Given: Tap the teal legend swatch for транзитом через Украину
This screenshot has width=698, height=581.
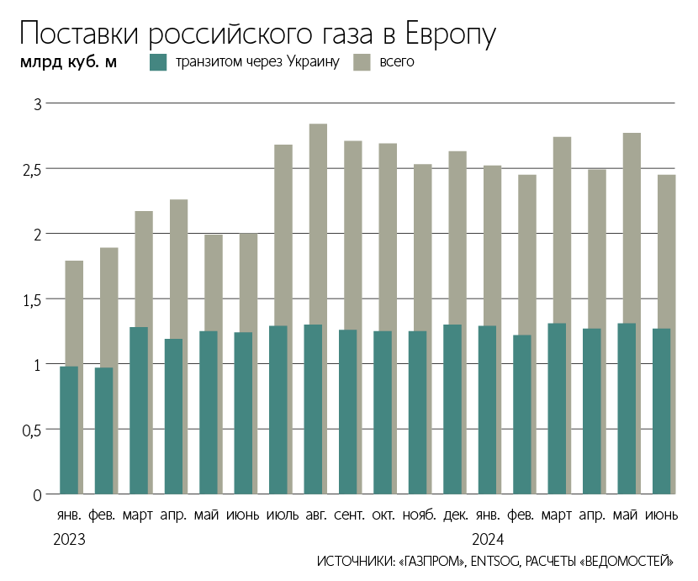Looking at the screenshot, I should click(x=159, y=62).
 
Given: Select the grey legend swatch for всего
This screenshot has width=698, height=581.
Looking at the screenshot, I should click(x=362, y=62).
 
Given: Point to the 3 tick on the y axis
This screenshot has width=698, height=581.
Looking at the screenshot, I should click(x=37, y=104).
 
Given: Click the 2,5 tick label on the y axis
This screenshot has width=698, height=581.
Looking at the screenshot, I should click(x=32, y=170).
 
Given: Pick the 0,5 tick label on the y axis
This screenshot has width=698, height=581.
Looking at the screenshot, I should click(x=32, y=430).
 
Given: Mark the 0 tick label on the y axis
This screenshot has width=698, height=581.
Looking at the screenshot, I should click(x=37, y=495).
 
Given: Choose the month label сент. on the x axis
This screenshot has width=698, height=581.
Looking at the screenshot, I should click(x=349, y=515).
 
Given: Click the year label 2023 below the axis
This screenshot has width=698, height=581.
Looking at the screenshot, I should click(x=69, y=538).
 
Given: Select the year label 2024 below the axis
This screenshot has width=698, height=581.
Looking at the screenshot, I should click(x=488, y=538).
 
